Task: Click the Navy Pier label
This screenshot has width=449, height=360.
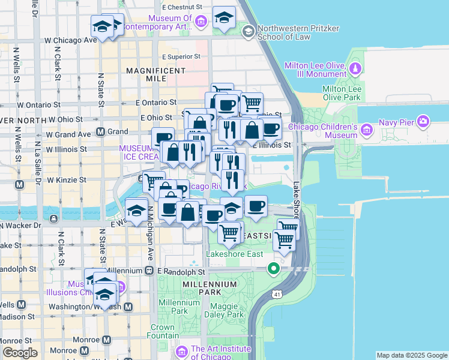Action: click(396, 122)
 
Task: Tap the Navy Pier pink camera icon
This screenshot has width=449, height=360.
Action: click(424, 122)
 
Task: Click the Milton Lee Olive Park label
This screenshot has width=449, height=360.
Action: click(342, 92)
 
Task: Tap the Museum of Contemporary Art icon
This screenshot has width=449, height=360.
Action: click(201, 22)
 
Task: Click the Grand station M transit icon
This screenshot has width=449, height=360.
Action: click(101, 131)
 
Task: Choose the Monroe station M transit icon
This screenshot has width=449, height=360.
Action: click(107, 340)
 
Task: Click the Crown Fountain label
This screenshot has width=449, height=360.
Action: click(162, 332)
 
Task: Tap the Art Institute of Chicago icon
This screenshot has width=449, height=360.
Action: click(182, 351)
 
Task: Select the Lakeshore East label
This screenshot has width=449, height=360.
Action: click(235, 254)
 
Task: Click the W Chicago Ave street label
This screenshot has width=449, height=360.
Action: click(71, 40)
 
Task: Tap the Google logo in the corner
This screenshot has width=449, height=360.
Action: click(20, 353)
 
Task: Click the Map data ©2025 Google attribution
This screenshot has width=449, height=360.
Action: click(412, 355)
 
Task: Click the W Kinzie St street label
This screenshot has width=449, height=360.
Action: click(67, 179)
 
